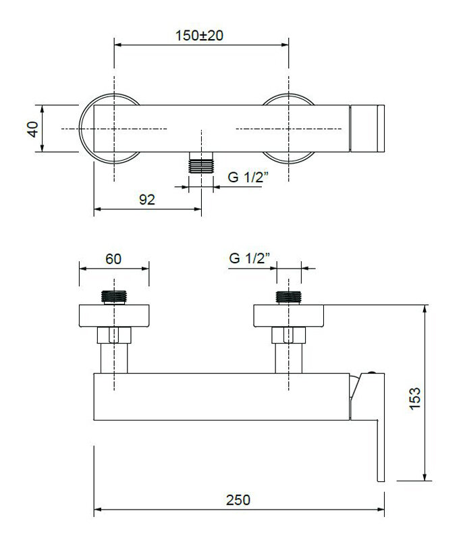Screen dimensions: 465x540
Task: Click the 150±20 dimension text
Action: click(200, 36)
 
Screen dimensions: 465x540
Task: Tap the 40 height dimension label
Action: click(33, 129)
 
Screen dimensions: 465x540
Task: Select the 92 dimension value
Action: click(147, 200)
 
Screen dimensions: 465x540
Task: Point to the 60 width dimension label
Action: click(113, 259)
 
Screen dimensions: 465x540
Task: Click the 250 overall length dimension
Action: click(238, 500)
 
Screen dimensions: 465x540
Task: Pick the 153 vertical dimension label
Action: click(414, 398)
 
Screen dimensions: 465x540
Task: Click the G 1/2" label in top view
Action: click(248, 178)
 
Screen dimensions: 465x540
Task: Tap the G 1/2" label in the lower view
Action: click(250, 258)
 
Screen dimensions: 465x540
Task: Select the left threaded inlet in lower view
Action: click(114, 298)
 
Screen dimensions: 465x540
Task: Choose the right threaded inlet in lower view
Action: click(289, 298)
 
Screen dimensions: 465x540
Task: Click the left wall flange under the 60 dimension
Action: click(114, 316)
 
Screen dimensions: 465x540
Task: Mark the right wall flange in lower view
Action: click(289, 316)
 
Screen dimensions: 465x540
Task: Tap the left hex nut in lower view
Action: click(114, 335)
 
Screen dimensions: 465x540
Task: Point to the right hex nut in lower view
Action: click(289, 335)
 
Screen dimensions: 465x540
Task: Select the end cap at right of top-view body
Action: click(367, 128)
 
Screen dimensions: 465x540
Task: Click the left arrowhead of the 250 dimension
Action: click(97, 510)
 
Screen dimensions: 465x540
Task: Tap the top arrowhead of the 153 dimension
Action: click(425, 308)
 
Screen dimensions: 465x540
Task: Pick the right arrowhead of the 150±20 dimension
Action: click(285, 45)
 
